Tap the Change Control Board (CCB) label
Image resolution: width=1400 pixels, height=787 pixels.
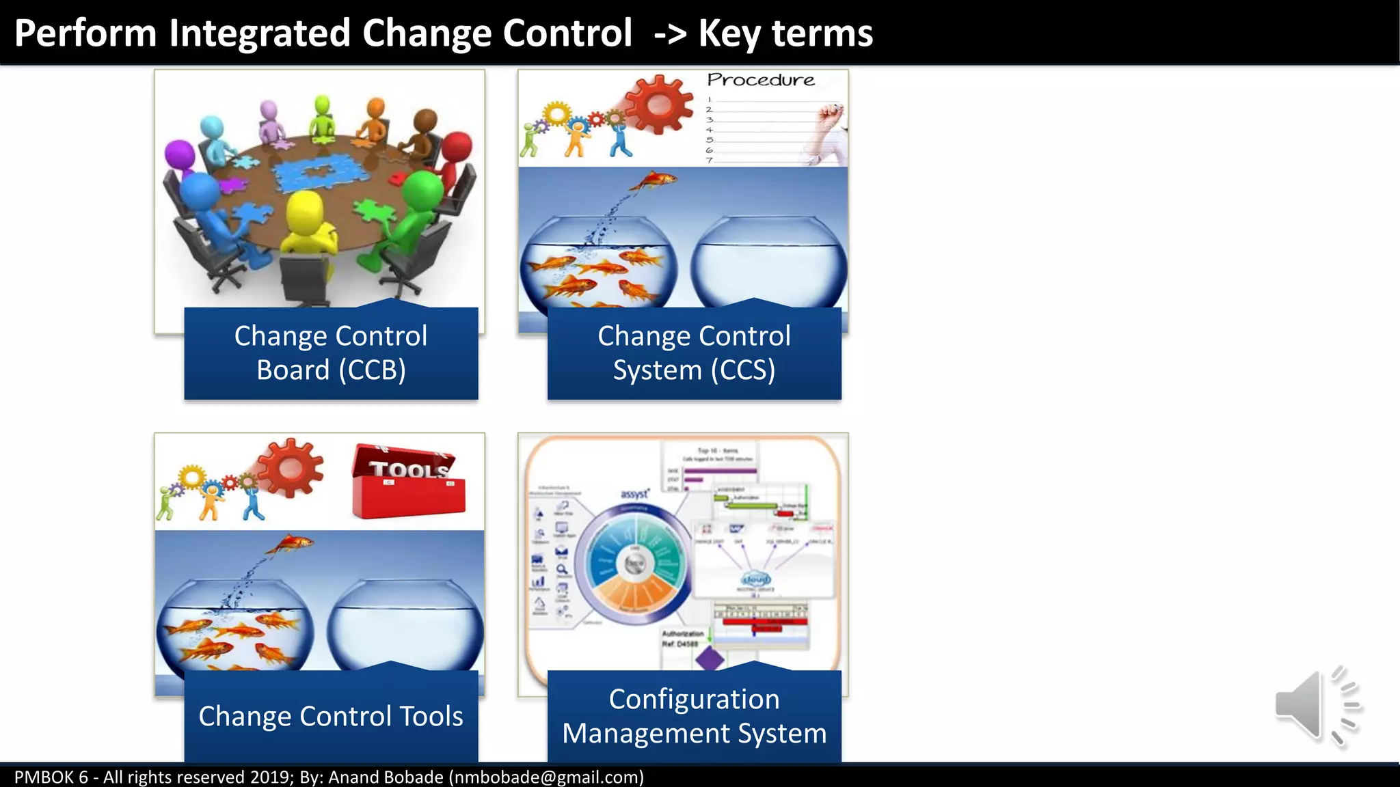(x=331, y=353)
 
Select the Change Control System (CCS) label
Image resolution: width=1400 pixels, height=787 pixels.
(x=694, y=353)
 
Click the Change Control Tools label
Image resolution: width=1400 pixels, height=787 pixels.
(x=331, y=716)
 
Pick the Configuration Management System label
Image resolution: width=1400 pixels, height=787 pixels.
(x=694, y=716)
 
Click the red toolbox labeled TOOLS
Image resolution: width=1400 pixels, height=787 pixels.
(x=408, y=481)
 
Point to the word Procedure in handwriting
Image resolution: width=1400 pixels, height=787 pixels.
(x=760, y=80)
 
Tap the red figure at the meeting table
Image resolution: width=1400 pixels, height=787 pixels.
(x=454, y=153)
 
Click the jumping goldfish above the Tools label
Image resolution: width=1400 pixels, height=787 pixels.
(x=291, y=544)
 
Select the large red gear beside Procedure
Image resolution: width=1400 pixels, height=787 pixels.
(x=658, y=105)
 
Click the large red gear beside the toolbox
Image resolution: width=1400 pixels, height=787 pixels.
(x=290, y=468)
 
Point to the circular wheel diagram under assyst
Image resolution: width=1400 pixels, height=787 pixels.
(x=635, y=564)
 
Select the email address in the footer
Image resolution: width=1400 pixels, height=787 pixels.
(x=546, y=777)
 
